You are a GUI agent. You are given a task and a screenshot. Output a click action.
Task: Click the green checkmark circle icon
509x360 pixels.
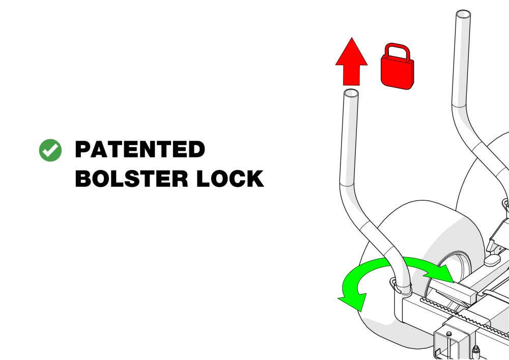(x=50, y=150)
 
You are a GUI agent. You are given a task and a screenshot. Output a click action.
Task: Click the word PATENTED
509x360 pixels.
(x=140, y=149)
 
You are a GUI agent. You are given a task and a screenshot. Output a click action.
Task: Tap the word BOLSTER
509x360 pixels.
(x=131, y=179)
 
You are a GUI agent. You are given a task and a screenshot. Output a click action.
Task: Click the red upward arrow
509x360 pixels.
(x=351, y=61)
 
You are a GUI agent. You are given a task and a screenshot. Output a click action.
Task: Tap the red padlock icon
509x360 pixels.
(x=398, y=67)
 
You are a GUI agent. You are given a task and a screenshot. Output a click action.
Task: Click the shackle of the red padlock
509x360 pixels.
(x=398, y=51)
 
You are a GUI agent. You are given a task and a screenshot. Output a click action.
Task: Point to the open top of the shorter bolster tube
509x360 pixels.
(x=351, y=93)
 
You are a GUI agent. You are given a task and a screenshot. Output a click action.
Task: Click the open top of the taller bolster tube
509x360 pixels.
(x=463, y=14)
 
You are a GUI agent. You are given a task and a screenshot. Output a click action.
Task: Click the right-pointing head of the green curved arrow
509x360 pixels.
(x=441, y=273)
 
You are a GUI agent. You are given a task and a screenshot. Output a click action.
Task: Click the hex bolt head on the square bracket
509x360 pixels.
(x=449, y=334)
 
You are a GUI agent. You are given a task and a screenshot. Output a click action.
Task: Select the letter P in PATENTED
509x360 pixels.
(x=82, y=149)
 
